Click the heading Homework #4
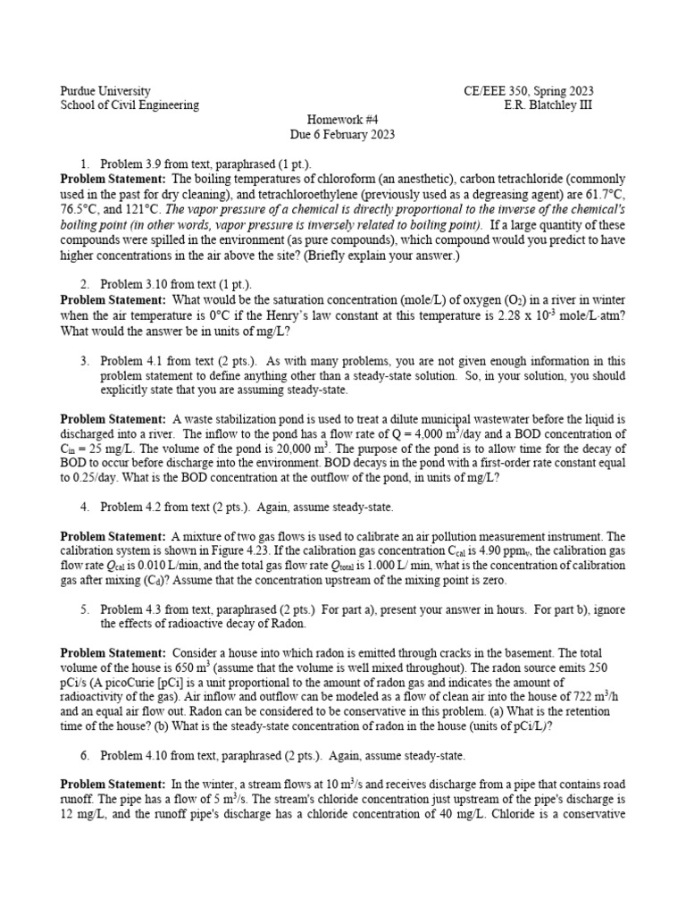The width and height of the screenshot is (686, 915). click(342, 120)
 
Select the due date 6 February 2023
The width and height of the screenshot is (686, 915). click(342, 135)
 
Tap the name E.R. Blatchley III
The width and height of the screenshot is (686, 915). click(548, 105)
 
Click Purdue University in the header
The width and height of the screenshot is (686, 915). click(105, 91)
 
